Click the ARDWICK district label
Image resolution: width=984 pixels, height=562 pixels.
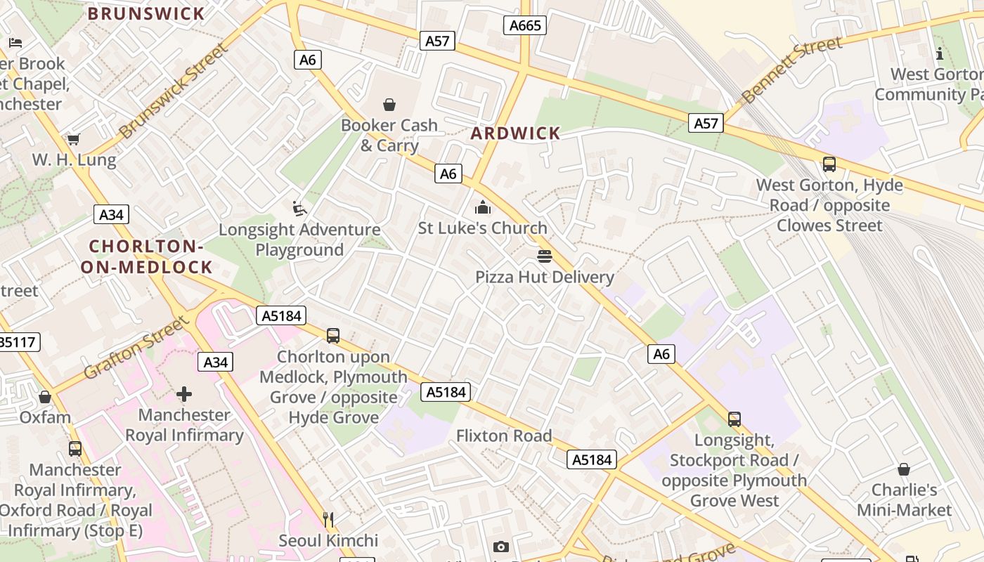(x=515, y=133)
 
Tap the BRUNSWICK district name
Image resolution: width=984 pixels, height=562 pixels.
(x=146, y=13)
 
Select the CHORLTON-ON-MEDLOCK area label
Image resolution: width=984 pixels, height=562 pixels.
(x=146, y=256)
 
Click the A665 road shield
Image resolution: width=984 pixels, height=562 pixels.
(x=525, y=26)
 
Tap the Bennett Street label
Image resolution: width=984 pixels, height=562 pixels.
(x=791, y=70)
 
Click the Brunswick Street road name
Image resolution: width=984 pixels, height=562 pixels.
(x=174, y=91)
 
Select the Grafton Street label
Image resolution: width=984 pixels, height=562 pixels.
(x=137, y=347)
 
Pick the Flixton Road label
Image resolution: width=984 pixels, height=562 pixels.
(x=504, y=436)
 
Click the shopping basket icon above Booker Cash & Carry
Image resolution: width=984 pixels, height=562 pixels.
(x=389, y=105)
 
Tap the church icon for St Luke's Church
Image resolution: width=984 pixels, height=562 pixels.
(x=483, y=207)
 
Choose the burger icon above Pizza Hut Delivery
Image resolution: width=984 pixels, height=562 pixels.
(x=545, y=256)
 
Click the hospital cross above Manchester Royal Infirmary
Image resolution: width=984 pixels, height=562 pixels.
(x=184, y=394)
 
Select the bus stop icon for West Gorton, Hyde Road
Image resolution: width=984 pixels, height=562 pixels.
(x=829, y=164)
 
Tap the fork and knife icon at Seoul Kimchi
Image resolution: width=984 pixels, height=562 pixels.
(x=328, y=520)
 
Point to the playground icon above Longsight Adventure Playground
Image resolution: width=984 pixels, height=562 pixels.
(x=299, y=209)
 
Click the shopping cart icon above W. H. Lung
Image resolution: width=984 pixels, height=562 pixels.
(x=74, y=139)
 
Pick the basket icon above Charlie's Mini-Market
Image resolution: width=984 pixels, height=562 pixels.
(x=904, y=469)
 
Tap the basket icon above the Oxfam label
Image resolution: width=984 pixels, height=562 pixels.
(x=45, y=398)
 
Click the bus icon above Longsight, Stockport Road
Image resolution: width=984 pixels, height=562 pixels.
(x=734, y=419)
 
